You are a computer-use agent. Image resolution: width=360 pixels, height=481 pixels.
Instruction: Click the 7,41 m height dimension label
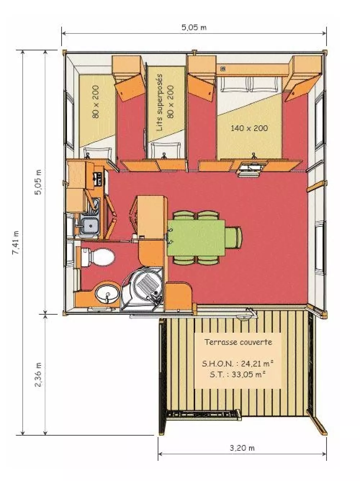(x=16, y=242)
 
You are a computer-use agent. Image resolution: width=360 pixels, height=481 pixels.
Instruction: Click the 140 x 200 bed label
(x=249, y=128)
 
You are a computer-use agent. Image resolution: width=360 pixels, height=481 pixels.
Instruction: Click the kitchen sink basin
(x=90, y=226)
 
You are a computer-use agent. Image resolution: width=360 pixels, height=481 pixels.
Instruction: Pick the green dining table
(x=196, y=238)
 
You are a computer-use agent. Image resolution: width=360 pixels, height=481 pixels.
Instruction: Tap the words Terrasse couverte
(x=238, y=342)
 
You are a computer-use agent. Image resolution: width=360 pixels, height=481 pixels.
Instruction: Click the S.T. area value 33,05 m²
(x=248, y=374)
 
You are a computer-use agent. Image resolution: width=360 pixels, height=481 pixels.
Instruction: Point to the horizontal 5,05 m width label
(x=194, y=27)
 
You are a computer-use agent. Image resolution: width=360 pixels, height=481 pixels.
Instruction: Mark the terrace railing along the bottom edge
(x=204, y=414)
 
